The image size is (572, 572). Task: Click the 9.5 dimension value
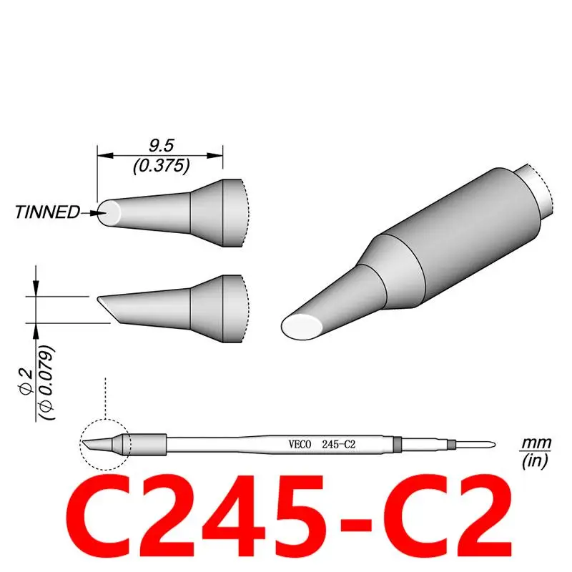(x=161, y=146)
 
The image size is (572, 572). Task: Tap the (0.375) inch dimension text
(x=161, y=166)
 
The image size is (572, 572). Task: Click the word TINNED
(x=47, y=212)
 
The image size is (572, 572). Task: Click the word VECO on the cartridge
(x=295, y=444)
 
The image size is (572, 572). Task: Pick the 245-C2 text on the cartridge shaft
(x=340, y=444)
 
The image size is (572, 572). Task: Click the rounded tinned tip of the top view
(x=111, y=212)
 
